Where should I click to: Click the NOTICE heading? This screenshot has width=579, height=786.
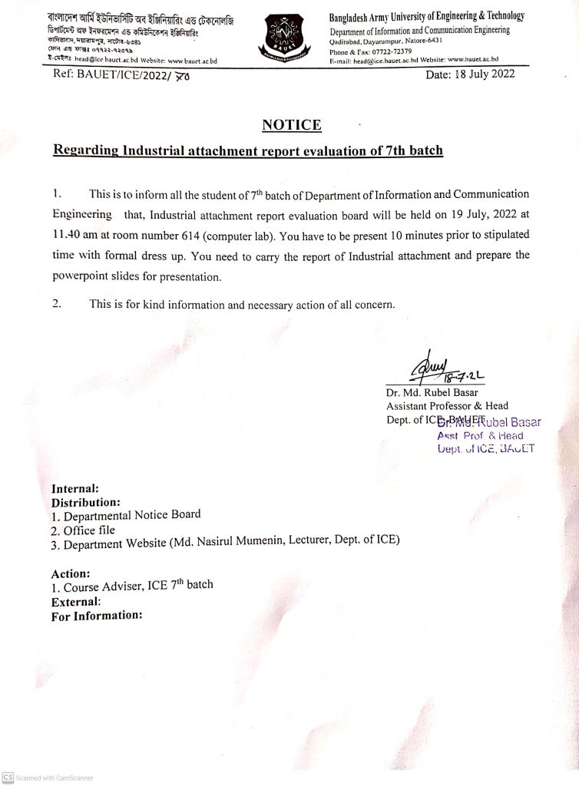click(x=292, y=124)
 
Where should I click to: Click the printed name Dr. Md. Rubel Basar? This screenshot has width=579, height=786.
click(x=430, y=394)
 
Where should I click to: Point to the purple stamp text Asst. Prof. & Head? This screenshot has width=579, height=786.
click(x=480, y=435)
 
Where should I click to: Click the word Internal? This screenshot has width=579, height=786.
click(x=74, y=489)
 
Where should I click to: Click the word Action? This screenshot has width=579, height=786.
click(x=71, y=573)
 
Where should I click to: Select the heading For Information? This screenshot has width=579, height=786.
click(x=97, y=615)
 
